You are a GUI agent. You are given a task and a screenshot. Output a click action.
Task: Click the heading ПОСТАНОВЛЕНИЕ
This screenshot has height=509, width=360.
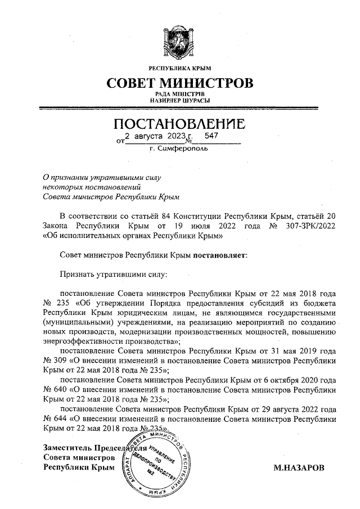[180, 123]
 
